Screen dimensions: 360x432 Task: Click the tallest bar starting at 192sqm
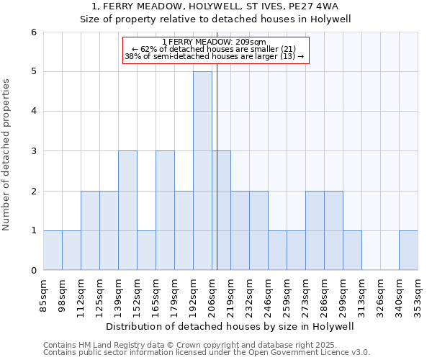click(202, 171)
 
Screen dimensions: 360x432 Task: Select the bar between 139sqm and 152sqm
click(127, 210)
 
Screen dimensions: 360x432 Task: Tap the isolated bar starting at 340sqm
click(408, 250)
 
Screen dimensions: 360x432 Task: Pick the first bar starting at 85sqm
click(53, 250)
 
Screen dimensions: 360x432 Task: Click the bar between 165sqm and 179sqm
click(165, 210)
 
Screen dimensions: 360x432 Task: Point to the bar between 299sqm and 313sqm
click(352, 250)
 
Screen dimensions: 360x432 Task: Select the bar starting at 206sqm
click(221, 210)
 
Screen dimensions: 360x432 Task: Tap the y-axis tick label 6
click(34, 32)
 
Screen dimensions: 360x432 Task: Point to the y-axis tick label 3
click(34, 151)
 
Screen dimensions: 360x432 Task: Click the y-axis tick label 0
click(34, 270)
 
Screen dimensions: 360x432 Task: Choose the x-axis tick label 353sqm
click(418, 295)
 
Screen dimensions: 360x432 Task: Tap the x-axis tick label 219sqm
click(231, 295)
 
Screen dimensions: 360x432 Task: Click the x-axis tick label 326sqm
click(381, 295)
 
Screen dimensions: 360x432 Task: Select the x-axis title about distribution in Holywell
click(230, 326)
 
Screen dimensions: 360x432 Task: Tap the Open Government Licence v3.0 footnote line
click(207, 353)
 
